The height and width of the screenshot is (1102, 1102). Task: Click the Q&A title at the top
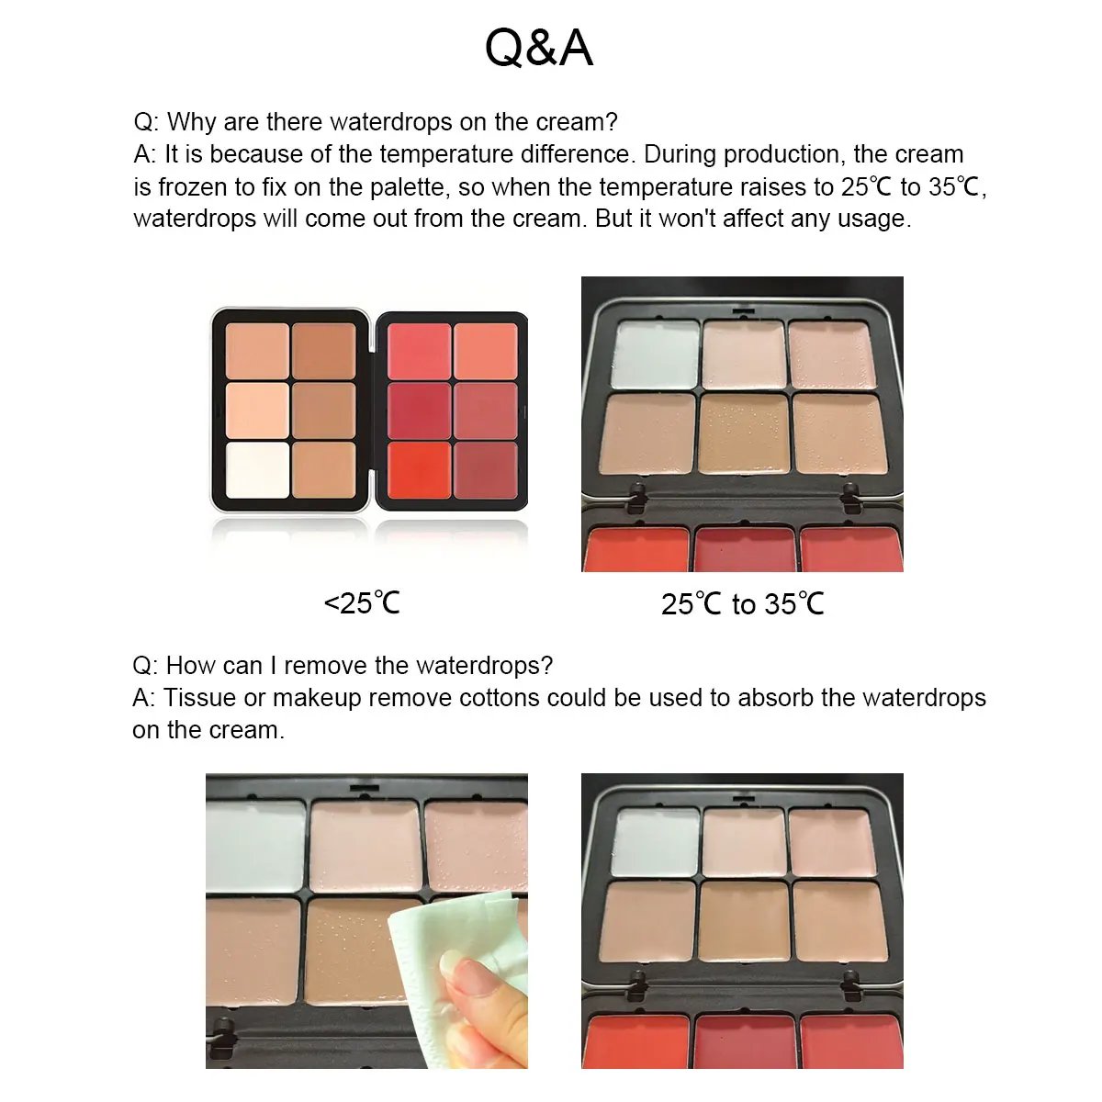tap(539, 48)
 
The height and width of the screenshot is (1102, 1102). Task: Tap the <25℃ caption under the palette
tap(362, 603)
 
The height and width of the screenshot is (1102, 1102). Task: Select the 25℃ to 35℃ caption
tap(742, 604)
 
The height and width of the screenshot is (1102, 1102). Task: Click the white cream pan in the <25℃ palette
tap(257, 470)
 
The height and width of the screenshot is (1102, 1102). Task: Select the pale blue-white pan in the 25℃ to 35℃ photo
tap(656, 354)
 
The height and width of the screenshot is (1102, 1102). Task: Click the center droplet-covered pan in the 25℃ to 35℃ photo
tap(743, 433)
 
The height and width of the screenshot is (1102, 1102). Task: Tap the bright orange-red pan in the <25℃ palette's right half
tap(419, 470)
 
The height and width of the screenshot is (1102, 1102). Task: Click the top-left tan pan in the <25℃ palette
tap(257, 351)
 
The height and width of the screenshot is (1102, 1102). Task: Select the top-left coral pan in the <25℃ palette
tap(419, 351)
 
